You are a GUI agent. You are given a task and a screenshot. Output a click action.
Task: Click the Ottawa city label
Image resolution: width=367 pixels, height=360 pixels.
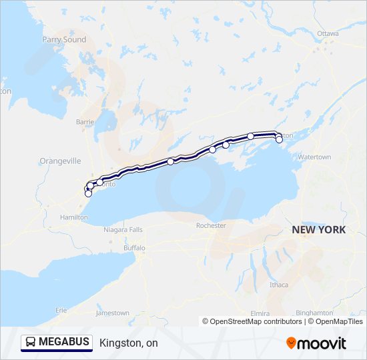coord(328,33)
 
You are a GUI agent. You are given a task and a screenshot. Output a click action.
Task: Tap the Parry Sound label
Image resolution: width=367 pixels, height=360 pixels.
coord(65,40)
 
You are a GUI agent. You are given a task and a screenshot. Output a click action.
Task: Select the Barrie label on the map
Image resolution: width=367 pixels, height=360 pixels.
coord(85,122)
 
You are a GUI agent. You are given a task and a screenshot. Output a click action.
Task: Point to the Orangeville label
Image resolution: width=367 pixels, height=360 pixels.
coord(60,161)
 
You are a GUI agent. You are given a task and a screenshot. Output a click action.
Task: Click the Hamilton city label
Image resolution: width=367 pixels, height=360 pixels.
coord(73,217)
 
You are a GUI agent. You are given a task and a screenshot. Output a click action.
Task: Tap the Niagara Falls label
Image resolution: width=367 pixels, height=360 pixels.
coord(123,229)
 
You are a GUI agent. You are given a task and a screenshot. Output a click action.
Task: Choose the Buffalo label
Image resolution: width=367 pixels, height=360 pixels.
coord(134,248)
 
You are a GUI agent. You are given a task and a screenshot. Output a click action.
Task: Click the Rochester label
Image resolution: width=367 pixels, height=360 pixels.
coord(212,226)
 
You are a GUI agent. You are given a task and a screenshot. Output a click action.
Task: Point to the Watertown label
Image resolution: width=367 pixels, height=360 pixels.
coord(314,157)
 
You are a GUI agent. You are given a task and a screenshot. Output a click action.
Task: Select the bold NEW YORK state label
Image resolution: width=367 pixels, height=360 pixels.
coord(319,229)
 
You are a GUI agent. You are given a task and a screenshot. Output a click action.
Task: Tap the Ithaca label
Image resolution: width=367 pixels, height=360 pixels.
coord(279,285)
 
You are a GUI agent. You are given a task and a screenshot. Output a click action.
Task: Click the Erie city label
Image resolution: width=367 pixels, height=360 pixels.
coord(61,310)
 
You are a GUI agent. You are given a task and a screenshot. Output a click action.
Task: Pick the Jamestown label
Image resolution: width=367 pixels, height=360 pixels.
coord(113,313)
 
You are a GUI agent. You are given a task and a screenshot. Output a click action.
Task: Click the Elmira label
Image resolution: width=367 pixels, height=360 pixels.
coord(261,313)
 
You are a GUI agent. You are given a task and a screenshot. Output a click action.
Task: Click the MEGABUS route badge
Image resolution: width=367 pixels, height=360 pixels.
coord(57,343)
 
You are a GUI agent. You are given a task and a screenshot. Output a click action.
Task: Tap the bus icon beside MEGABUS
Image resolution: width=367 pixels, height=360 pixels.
coord(31,343)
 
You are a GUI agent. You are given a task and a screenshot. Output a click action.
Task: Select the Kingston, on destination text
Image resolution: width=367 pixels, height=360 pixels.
coord(129,343)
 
